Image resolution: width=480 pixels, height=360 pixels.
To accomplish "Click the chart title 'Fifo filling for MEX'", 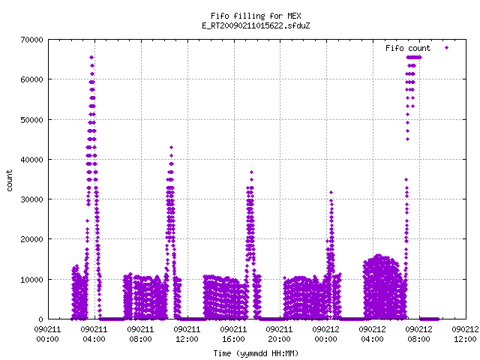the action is (256, 16).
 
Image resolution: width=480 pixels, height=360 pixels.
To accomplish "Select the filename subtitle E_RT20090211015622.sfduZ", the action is (256, 25).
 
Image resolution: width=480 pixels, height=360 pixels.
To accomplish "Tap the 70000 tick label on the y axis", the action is (31, 40).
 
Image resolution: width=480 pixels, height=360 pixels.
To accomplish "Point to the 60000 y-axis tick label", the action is (31, 79).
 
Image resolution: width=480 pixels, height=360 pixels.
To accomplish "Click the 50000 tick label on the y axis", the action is (31, 120).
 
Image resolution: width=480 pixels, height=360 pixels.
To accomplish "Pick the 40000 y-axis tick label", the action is (31, 160).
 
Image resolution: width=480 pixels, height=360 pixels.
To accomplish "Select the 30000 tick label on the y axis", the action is (31, 199).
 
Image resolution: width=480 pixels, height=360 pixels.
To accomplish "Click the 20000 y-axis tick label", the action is (31, 239).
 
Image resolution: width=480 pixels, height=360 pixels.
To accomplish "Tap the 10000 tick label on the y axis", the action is (31, 280).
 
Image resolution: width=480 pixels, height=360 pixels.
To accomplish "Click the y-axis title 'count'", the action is (10, 181).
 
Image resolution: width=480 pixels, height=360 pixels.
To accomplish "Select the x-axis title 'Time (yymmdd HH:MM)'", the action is (256, 353).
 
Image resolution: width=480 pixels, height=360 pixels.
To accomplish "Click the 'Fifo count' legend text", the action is (408, 48).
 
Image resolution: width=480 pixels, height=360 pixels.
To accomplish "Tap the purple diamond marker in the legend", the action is (447, 48).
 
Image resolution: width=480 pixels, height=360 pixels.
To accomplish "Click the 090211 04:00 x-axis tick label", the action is (94, 334).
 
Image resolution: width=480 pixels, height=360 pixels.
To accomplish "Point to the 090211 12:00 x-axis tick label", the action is (187, 334).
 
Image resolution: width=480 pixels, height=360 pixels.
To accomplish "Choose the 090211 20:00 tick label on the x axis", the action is (279, 334).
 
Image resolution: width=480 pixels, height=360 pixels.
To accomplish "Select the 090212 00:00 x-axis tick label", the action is (325, 334).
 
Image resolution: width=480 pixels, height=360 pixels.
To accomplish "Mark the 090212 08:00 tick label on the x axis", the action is (418, 334).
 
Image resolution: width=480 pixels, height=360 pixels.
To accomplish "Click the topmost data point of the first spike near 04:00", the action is (91, 57).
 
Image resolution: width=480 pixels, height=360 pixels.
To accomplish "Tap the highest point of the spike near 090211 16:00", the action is (252, 172).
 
